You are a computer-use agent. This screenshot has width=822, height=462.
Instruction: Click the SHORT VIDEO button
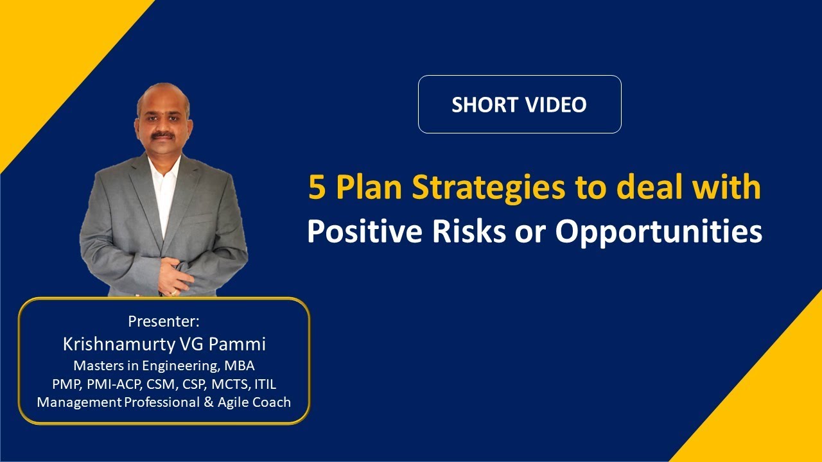pos(519,105)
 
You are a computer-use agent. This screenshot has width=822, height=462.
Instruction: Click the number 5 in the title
pos(316,188)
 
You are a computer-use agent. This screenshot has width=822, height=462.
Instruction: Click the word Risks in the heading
pos(464,232)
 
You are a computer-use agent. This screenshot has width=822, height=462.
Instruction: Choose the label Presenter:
pos(164,321)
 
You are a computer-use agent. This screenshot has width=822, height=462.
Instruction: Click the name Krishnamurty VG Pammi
pos(164,344)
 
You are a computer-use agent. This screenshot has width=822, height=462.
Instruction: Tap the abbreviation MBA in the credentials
pos(240,366)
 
